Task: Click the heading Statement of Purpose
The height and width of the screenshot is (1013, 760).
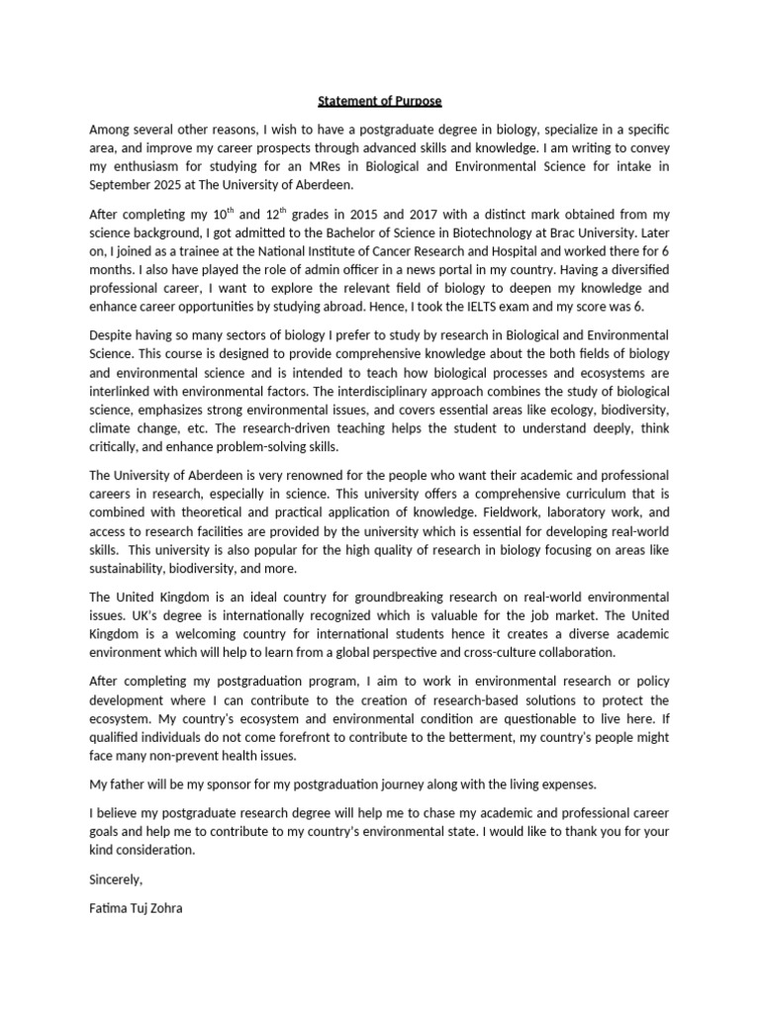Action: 379,101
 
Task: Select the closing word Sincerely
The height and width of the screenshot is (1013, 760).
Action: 116,878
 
